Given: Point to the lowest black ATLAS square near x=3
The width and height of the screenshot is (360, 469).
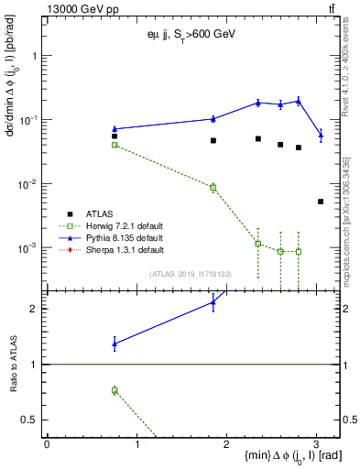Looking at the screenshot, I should point(320,202).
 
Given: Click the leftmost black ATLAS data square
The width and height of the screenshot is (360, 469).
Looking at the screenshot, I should point(115,136).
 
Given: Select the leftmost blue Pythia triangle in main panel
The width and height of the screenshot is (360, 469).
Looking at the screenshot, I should point(115,129).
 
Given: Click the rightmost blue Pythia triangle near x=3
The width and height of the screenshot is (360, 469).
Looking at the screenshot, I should point(320,136).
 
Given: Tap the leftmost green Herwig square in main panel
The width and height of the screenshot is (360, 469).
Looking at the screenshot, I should point(115,145).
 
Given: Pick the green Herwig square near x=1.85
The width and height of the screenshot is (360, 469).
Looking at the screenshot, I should point(213,187).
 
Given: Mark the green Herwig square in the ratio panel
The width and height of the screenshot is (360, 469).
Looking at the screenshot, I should point(115,390).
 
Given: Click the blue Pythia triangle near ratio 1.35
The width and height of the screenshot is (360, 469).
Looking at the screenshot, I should point(115,344).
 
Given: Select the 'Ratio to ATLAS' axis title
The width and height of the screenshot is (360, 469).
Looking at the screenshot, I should point(13,366).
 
